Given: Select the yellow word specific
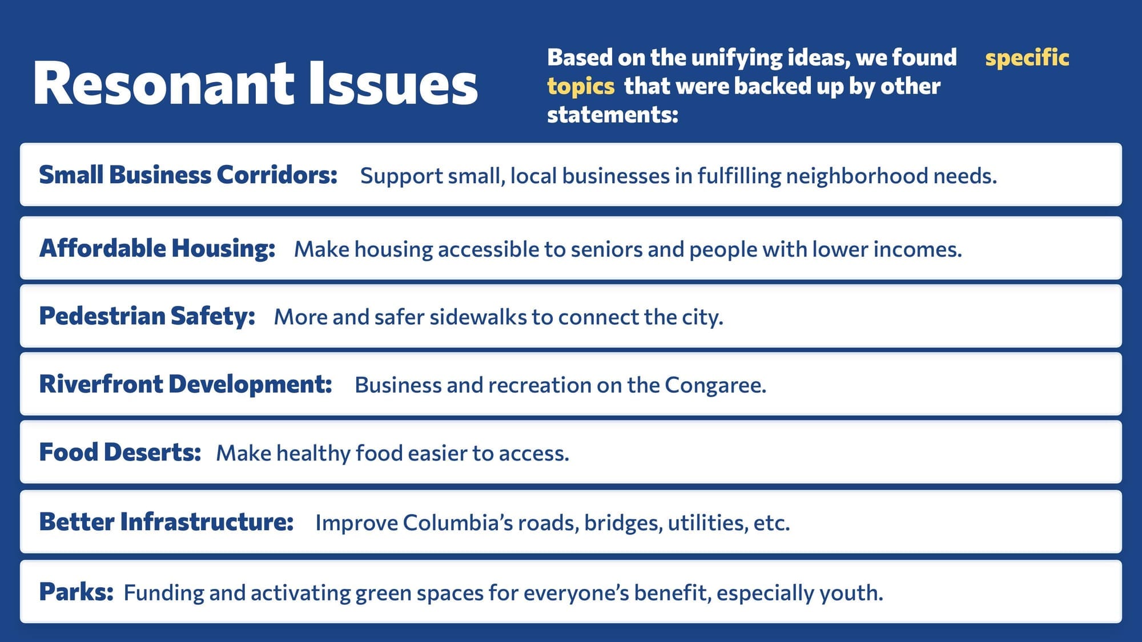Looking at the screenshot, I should [x=1027, y=58].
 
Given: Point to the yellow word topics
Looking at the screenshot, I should [x=580, y=87].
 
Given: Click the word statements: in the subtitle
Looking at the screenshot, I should [x=612, y=115].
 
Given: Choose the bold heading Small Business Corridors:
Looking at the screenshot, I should [x=188, y=175].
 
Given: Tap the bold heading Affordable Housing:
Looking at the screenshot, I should [x=157, y=248].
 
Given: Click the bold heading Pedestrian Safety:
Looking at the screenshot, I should [x=147, y=316].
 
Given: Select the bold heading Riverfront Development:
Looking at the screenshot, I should [x=186, y=384].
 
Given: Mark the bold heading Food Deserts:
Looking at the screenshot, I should [x=120, y=452].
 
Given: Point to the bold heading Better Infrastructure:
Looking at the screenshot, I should [x=166, y=522].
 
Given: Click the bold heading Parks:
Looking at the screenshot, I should [x=76, y=592].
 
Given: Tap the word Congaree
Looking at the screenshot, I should [x=715, y=385].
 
